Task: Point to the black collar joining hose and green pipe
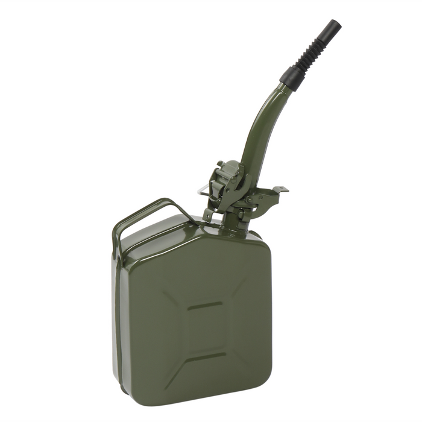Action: (x=291, y=76)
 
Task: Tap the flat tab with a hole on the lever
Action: (x=279, y=191)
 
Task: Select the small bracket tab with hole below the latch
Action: (x=208, y=214)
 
